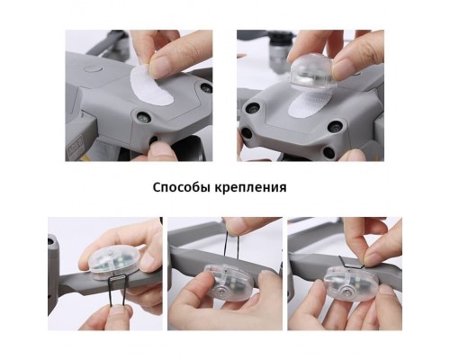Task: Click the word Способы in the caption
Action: point(182,187)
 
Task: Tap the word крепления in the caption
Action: point(250,188)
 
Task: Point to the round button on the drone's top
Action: point(93,69)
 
